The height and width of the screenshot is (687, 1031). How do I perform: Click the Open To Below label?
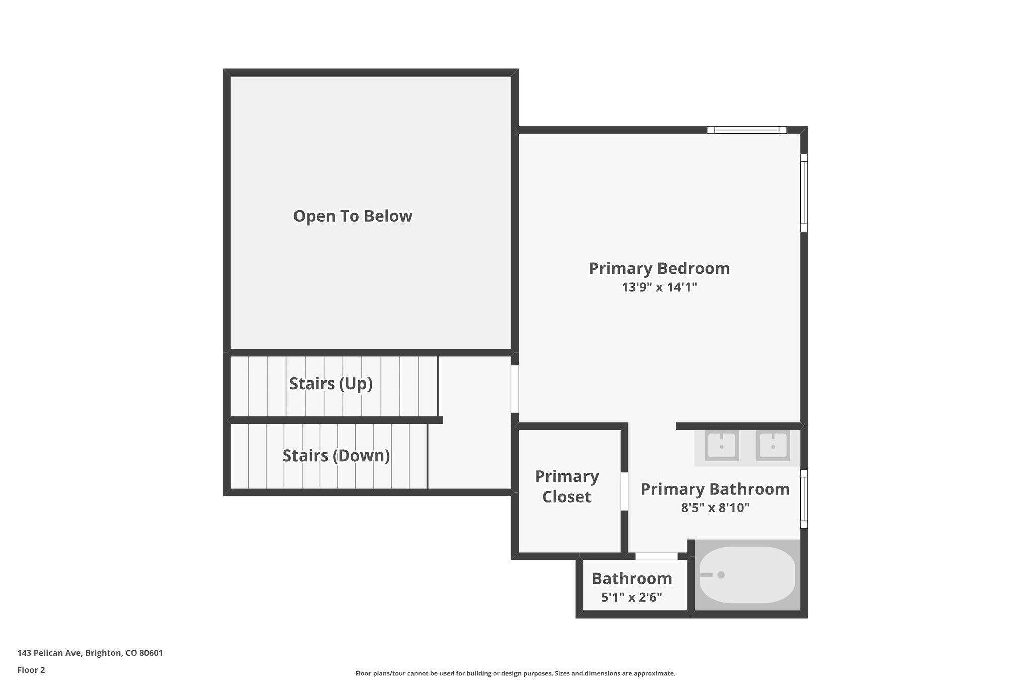[x=352, y=216]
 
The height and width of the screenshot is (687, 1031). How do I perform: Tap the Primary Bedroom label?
[x=659, y=269]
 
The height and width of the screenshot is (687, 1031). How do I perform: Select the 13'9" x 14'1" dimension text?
[x=659, y=287]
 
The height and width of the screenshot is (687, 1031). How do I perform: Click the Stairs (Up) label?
[x=331, y=384]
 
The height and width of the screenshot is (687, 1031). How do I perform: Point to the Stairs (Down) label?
[x=336, y=456]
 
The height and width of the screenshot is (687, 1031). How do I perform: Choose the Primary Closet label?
[x=567, y=486]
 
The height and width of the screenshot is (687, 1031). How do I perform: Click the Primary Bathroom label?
[x=715, y=489]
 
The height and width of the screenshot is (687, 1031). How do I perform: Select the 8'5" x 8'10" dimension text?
[x=715, y=508]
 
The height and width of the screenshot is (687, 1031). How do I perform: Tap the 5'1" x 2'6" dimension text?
[x=631, y=598]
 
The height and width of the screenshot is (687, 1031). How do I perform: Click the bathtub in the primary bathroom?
[x=748, y=575]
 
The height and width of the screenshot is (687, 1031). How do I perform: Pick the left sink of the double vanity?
[x=721, y=445]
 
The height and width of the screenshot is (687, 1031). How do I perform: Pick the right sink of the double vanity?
[x=773, y=445]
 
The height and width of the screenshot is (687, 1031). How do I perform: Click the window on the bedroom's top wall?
[x=747, y=130]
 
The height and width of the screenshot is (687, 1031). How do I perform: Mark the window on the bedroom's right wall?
[x=804, y=193]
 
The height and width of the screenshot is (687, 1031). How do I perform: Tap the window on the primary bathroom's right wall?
[x=804, y=499]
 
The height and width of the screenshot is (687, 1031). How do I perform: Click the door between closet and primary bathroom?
[x=624, y=491]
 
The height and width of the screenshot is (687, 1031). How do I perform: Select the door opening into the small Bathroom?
[x=656, y=556]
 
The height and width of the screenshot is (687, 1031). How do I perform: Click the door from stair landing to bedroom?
[x=514, y=389]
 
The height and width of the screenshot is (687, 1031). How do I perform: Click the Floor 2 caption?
[x=31, y=670]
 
